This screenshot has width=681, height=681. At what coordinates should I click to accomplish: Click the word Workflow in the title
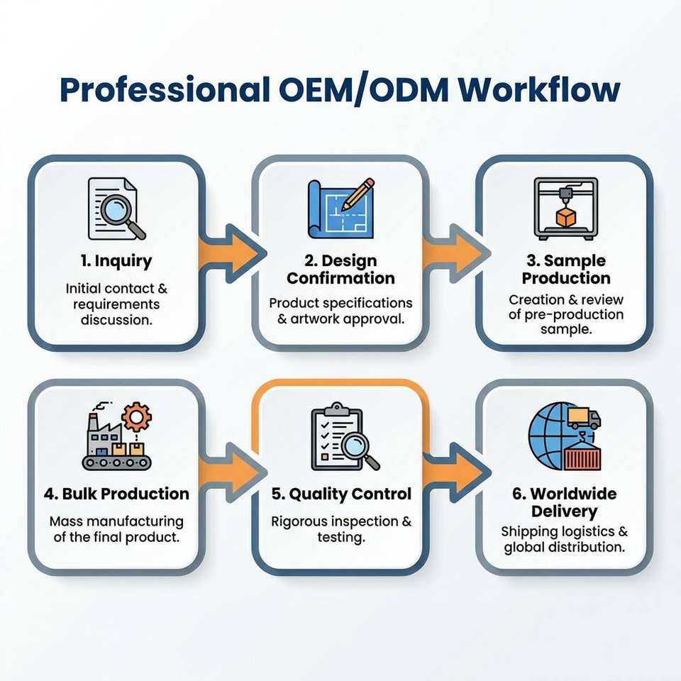click(539, 90)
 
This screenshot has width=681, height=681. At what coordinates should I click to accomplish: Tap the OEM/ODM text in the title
click(363, 90)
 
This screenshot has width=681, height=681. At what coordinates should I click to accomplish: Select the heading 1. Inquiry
click(116, 261)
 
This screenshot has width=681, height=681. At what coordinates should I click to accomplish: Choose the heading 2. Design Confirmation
click(341, 270)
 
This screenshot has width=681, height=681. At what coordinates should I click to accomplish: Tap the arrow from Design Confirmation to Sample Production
click(455, 253)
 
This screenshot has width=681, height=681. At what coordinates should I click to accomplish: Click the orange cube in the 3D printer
click(566, 218)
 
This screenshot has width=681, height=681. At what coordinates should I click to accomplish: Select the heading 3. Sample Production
click(566, 270)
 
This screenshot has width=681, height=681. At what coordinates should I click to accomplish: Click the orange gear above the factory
click(136, 417)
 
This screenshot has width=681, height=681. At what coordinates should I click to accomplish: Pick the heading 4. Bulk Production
click(116, 494)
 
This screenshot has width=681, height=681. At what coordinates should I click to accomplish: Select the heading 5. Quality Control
click(341, 494)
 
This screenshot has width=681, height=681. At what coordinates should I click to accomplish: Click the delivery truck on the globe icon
click(584, 417)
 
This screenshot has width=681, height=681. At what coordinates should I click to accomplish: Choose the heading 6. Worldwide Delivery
click(564, 502)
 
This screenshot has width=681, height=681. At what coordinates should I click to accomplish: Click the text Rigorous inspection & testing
click(341, 529)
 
